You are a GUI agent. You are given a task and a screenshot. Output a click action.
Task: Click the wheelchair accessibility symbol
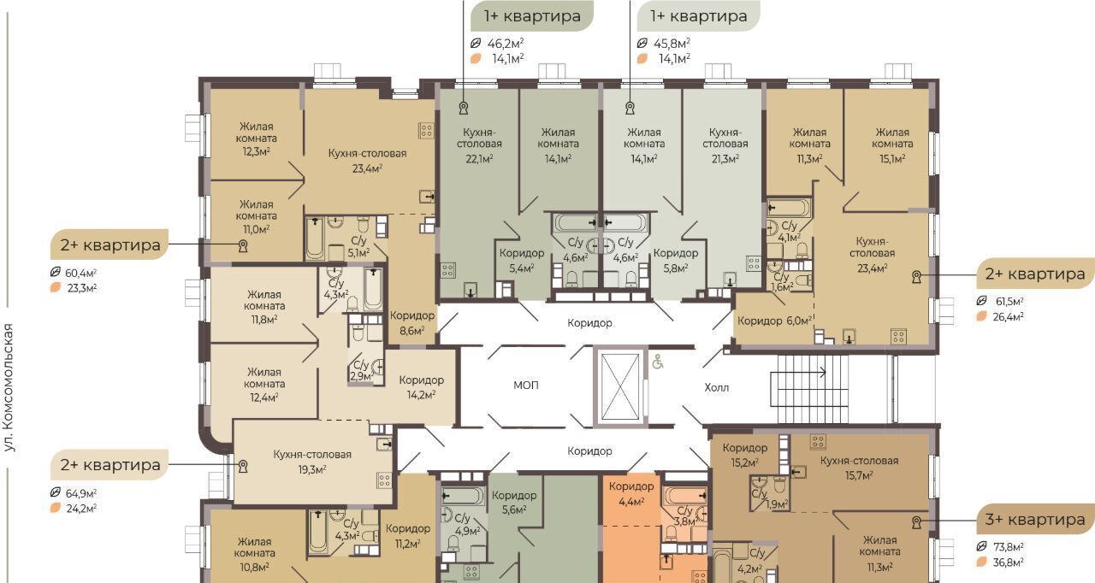point(658,362)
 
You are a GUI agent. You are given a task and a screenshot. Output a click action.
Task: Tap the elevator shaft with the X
point(620,386)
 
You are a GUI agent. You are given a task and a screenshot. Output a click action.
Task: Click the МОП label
point(526,386)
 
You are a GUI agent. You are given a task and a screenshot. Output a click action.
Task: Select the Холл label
point(717,388)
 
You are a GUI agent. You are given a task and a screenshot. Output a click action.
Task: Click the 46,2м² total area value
point(506,44)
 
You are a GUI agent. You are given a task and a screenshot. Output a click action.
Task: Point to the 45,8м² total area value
point(672,44)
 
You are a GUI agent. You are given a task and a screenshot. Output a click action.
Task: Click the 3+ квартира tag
point(1034,520)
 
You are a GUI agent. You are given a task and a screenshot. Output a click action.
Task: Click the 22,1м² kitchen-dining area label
point(479,159)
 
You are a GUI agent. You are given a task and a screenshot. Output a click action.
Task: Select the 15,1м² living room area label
point(892,159)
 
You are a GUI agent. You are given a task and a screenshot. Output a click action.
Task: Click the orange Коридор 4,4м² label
point(631,493)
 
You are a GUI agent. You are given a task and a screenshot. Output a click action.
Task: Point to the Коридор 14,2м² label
point(422,387)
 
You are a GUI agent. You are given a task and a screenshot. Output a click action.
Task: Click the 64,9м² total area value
point(80,493)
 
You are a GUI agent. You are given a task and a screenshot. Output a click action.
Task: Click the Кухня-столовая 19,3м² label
point(312,462)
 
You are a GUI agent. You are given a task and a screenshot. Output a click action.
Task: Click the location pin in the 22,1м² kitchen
point(464,108)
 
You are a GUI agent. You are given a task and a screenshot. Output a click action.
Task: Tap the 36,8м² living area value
point(1008,562)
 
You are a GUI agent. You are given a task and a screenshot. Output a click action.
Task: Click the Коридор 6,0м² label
point(774,321)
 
